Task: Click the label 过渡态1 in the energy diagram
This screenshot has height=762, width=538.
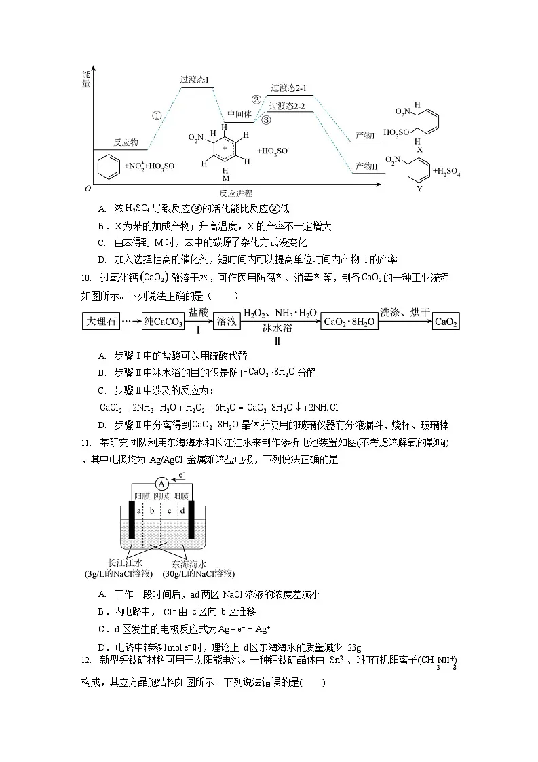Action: [x=195, y=80]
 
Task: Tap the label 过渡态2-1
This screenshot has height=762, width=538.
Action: [x=288, y=88]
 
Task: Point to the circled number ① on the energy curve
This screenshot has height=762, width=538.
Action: [x=157, y=115]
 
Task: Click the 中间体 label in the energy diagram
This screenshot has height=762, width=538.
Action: [x=239, y=113]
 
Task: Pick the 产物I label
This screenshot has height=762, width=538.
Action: [x=365, y=136]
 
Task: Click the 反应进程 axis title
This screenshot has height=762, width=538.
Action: [x=235, y=193]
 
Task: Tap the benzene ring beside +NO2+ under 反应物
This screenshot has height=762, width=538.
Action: [x=109, y=165]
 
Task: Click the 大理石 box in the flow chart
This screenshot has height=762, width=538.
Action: [x=100, y=322]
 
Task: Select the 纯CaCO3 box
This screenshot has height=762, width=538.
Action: [x=163, y=322]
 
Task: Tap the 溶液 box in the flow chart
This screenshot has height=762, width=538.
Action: [x=226, y=322]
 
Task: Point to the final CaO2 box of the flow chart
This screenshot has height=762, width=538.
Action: [x=446, y=322]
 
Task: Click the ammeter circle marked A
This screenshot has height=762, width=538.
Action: [x=161, y=483]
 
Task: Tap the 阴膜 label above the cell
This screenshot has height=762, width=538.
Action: [x=161, y=496]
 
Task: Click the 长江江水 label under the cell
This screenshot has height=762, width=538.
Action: [x=126, y=563]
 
